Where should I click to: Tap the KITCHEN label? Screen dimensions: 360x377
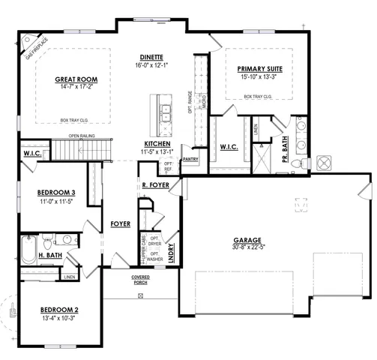tap(158, 143)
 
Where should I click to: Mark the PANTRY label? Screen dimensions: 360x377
tap(190, 159)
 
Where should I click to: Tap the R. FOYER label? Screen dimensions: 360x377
tap(154, 184)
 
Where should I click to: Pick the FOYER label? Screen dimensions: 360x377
tap(121, 223)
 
